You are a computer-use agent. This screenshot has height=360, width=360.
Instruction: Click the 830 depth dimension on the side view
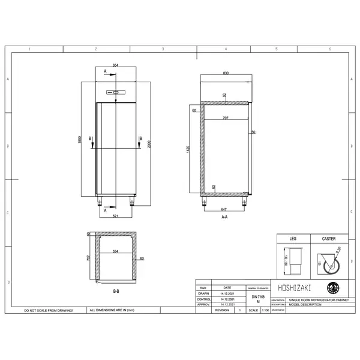225,73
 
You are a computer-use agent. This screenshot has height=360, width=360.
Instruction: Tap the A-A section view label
224,217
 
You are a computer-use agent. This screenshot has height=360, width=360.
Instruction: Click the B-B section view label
116,291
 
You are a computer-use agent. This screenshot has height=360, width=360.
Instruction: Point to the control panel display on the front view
116,92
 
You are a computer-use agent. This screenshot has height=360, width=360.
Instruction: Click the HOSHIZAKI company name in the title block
290,287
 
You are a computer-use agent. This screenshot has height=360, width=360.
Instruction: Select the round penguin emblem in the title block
332,287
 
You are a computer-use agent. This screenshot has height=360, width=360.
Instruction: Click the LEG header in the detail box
293,238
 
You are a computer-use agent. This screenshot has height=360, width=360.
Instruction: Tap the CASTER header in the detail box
328,238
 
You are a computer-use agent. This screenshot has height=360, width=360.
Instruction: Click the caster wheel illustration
329,262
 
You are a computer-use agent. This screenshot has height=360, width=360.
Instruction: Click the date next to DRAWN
227,293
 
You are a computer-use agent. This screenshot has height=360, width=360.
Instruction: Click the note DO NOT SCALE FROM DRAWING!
49,310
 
